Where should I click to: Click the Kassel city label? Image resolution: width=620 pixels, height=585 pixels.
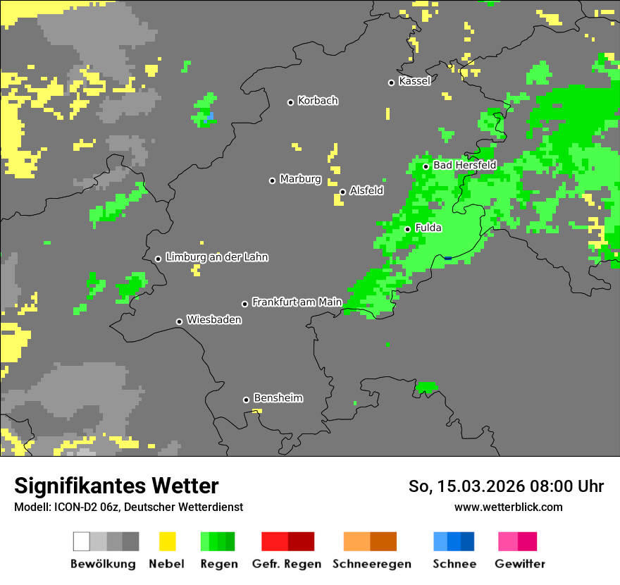(414, 81)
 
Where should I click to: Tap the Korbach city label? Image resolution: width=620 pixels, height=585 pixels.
(318, 101)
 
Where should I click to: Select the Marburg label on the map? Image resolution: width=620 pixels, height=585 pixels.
(300, 179)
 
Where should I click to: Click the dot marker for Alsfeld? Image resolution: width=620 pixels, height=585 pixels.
(342, 192)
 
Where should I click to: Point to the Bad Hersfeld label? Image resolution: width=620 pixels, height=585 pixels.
(464, 165)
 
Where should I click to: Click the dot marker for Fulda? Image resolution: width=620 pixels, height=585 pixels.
(407, 229)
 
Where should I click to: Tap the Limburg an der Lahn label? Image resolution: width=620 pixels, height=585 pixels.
(216, 257)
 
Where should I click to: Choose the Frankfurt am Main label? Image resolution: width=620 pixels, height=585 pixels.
(297, 302)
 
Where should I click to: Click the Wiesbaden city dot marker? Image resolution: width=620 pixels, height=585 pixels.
(179, 321)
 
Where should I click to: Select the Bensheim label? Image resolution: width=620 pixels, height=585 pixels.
(278, 398)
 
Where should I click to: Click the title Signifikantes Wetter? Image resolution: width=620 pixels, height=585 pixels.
(116, 486)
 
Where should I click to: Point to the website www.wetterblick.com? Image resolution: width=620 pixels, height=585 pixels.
(508, 507)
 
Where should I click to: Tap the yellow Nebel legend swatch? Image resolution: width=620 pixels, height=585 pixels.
(167, 541)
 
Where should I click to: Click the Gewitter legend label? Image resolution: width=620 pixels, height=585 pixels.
(519, 564)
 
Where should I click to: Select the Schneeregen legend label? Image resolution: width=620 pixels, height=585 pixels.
(371, 564)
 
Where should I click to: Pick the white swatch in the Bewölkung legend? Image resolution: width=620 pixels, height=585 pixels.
(82, 541)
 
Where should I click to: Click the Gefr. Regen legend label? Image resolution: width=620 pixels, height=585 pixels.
(286, 564)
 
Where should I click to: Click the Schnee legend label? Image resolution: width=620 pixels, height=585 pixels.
(454, 564)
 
